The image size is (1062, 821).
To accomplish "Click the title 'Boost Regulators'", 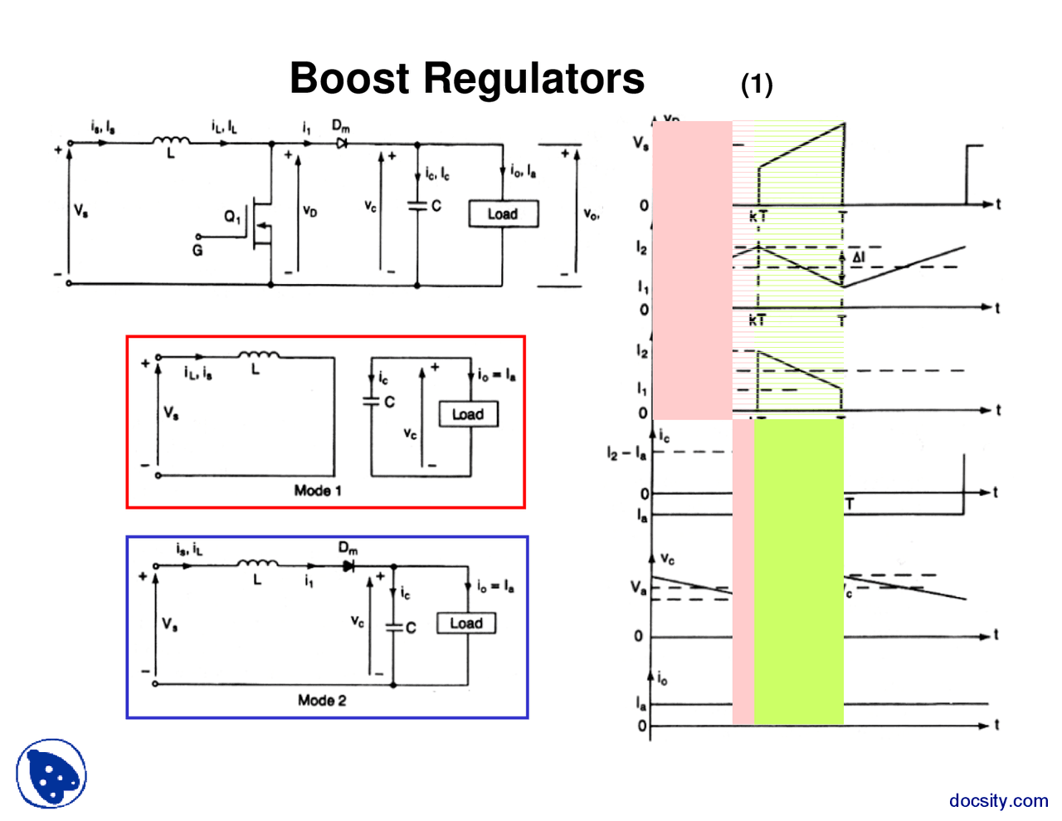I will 466,79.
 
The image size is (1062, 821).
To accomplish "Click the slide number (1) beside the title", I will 756,84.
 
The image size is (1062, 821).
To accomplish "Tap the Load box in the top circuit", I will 503,214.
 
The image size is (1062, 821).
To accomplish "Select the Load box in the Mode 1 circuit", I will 468,414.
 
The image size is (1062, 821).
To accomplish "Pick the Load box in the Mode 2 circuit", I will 466,623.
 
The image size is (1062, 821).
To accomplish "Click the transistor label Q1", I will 232,217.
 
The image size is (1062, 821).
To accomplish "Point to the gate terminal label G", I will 197,250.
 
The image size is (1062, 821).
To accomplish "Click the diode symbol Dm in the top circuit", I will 341,144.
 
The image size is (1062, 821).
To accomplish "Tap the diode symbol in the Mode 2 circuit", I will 348,566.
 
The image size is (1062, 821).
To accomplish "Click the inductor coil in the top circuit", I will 171,142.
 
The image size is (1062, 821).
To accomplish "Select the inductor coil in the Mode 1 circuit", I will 259,356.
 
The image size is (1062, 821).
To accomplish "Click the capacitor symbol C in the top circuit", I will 417,205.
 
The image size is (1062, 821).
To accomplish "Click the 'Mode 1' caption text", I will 318,491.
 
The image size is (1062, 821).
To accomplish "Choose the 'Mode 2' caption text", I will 322,701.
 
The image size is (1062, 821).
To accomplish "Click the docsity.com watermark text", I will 998,801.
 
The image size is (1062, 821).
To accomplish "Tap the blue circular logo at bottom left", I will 51,774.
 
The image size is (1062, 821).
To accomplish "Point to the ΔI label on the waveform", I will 858,257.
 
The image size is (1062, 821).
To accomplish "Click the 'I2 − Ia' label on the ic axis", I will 626,453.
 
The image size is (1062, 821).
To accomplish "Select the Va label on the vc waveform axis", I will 637,588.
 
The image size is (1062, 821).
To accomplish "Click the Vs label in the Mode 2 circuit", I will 169,624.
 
